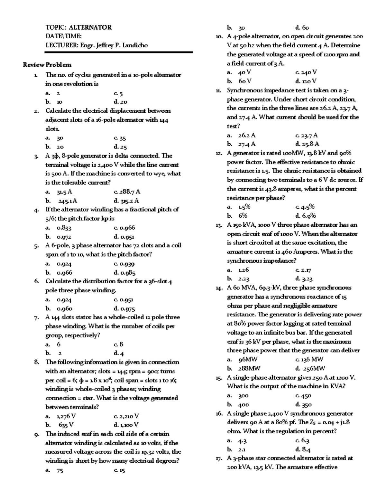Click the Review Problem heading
[x=47, y=65]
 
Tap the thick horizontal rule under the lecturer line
[x=119, y=52]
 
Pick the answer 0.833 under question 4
[x=64, y=228]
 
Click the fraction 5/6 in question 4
[x=51, y=219]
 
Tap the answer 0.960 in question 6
[x=64, y=308]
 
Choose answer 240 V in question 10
[x=309, y=72]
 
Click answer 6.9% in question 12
[x=309, y=216]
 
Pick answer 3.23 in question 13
[x=307, y=279]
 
